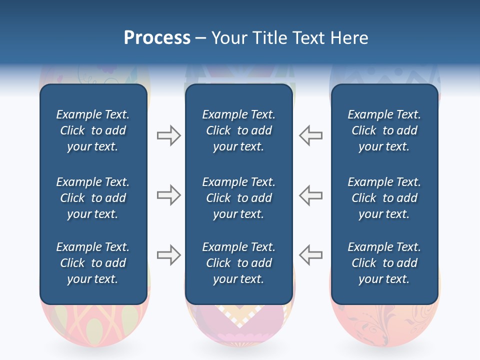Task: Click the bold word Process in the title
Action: [x=157, y=38]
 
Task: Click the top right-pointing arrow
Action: [x=168, y=135]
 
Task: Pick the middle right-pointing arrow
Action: [x=168, y=195]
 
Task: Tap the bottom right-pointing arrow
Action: [x=168, y=255]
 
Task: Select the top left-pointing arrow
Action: [x=310, y=135]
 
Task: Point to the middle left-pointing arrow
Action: [x=310, y=195]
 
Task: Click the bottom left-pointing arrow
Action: [x=310, y=255]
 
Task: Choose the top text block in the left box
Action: [x=93, y=130]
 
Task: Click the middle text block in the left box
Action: [x=93, y=198]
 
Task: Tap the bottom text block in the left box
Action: [x=93, y=263]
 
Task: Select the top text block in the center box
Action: [x=238, y=130]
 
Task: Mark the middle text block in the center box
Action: [x=238, y=198]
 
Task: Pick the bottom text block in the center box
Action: [x=238, y=263]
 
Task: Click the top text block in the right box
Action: [x=384, y=130]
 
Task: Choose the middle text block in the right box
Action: [x=384, y=198]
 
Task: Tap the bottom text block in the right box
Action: [x=384, y=263]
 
